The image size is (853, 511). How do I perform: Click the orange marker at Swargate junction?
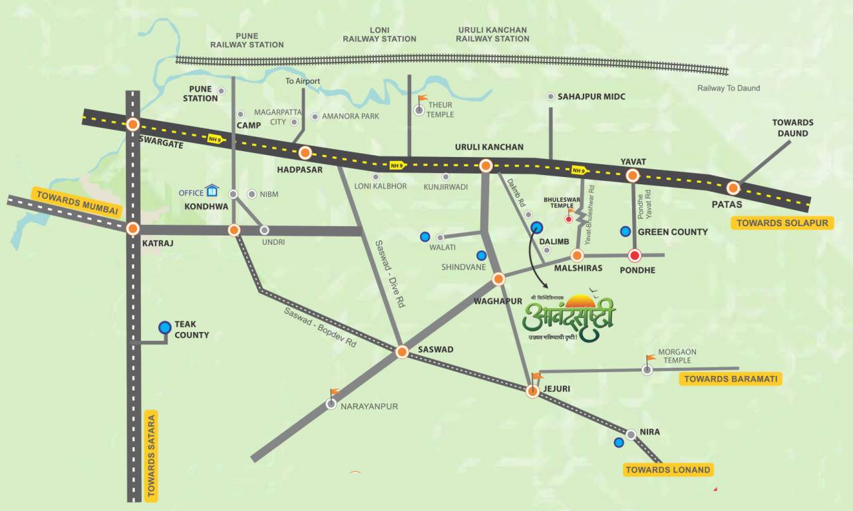133,124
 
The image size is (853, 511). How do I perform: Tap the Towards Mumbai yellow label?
77,203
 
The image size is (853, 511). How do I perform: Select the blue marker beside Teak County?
165,327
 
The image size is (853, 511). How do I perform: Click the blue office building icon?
212,192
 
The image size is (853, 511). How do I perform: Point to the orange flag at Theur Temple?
422,100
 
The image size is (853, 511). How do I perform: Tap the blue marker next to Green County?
625,232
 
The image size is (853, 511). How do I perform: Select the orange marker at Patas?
733,188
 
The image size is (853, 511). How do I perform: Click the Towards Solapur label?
782,223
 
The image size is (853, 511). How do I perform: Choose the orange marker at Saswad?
402,352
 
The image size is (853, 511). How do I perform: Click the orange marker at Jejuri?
532,392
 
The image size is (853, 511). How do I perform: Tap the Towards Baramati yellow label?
730,379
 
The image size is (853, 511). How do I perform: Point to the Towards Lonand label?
667,470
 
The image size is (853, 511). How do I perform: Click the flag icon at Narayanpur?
335,394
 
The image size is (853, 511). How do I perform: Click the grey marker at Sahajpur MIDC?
551,97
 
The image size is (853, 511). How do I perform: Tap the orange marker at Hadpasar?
305,152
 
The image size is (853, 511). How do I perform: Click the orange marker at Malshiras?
577,255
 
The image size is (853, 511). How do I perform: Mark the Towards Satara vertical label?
151,456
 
